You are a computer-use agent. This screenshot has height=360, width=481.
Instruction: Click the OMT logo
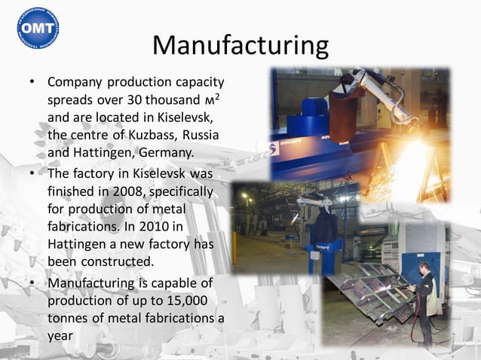click(38, 27)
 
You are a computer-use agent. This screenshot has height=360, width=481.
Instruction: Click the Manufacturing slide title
click(240, 45)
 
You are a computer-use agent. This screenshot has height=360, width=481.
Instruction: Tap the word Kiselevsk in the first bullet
click(188, 118)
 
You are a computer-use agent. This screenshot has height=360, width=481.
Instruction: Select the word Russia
click(201, 136)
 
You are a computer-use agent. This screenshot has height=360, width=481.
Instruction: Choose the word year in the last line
click(60, 336)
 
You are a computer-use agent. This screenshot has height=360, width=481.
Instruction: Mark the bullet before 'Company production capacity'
click(32, 82)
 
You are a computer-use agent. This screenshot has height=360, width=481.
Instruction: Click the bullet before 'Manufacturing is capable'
click(32, 284)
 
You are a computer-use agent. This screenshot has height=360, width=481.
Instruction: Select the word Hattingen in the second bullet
click(82, 244)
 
